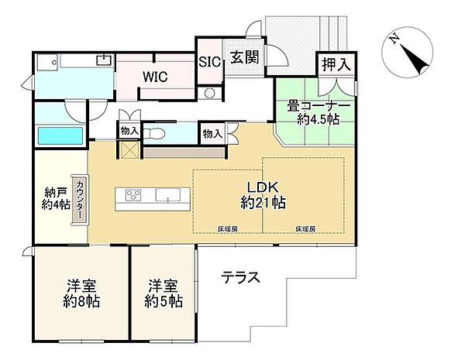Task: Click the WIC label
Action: (155, 76)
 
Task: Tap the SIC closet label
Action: (208, 61)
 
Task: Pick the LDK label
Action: (263, 187)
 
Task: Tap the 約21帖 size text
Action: (263, 203)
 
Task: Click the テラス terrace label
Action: (240, 276)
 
